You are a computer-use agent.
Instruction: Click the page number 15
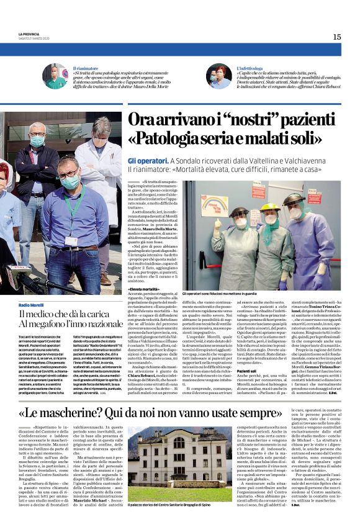[x=336, y=37]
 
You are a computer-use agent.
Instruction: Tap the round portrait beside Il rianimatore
[x=55, y=76]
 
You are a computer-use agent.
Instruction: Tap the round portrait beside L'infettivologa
[x=218, y=76]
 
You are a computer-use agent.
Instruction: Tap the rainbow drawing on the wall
[x=212, y=204]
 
